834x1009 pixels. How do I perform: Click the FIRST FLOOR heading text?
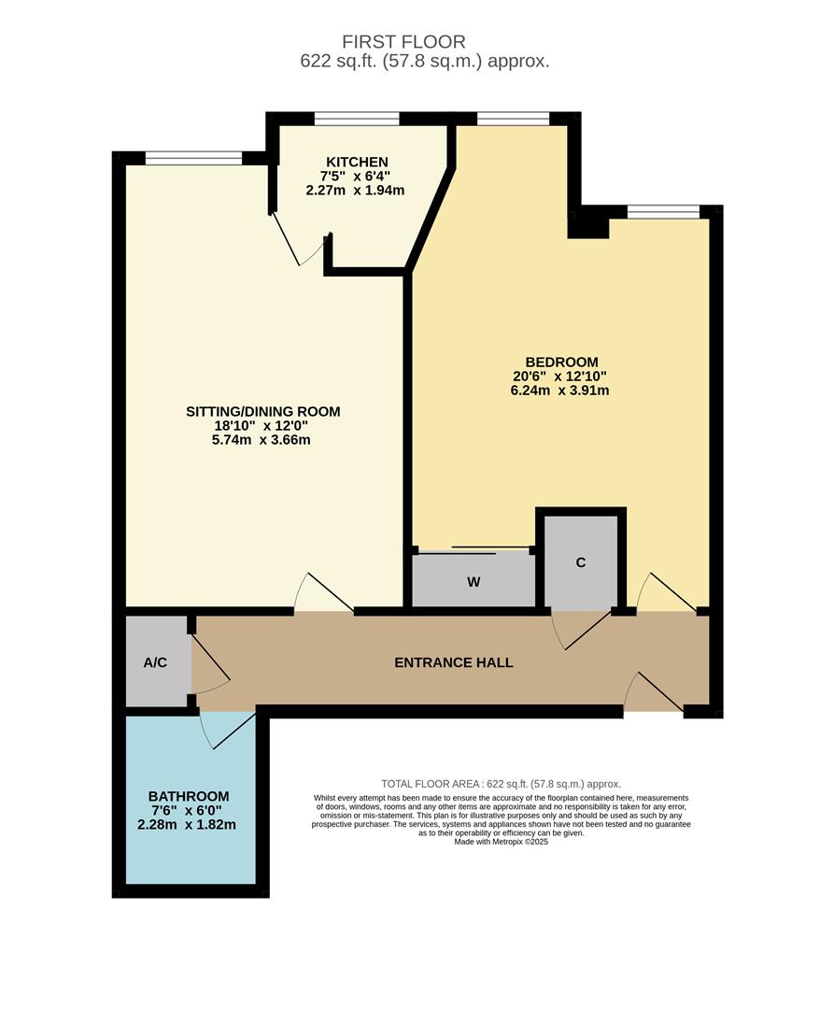click(417, 42)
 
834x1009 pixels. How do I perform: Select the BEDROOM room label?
click(561, 362)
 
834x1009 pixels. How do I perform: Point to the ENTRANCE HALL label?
click(454, 662)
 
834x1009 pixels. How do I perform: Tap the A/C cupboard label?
click(155, 662)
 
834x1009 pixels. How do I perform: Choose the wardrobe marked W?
click(474, 582)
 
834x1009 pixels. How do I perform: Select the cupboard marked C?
click(581, 562)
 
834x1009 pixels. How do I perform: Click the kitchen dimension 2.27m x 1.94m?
click(355, 190)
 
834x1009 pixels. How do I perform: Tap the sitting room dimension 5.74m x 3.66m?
click(262, 439)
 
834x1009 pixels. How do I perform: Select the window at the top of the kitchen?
click(357, 118)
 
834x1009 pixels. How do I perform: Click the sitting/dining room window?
click(193, 158)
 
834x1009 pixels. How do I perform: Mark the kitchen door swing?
click(297, 241)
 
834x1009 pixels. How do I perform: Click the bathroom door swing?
click(224, 730)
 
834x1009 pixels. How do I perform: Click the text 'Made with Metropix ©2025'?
click(501, 842)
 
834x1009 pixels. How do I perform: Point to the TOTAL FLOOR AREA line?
click(501, 784)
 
